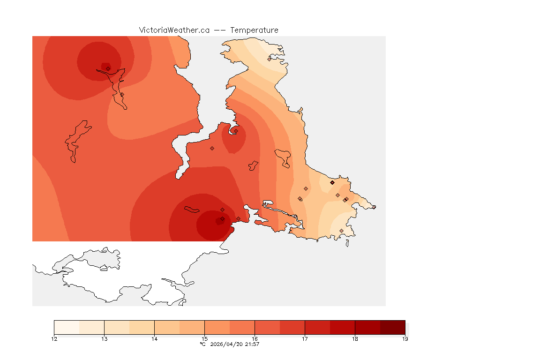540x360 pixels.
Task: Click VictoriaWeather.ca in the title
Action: coord(174,30)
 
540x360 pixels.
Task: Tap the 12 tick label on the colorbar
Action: coord(54,339)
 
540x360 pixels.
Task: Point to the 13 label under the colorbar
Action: coord(104,339)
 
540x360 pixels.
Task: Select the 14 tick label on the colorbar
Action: coord(154,339)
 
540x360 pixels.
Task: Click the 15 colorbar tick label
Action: coord(204,339)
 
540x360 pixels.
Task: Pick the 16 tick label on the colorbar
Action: coord(255,339)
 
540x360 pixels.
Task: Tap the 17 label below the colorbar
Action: coord(305,339)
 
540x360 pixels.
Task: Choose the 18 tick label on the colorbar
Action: coord(355,339)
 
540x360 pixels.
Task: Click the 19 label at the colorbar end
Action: coord(405,339)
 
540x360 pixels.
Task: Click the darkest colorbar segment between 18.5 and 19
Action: coord(392,327)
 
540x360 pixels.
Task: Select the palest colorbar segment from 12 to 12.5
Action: coord(67,327)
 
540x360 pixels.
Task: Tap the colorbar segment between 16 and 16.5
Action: coord(267,327)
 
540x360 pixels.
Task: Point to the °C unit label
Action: coord(202,345)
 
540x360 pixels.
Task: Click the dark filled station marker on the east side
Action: coord(332,182)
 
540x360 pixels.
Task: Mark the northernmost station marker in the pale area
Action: coord(270,59)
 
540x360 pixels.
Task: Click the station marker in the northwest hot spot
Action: coord(108,68)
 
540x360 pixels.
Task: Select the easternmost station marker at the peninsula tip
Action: coord(374,207)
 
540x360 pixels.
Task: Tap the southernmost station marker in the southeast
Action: coord(341,231)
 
